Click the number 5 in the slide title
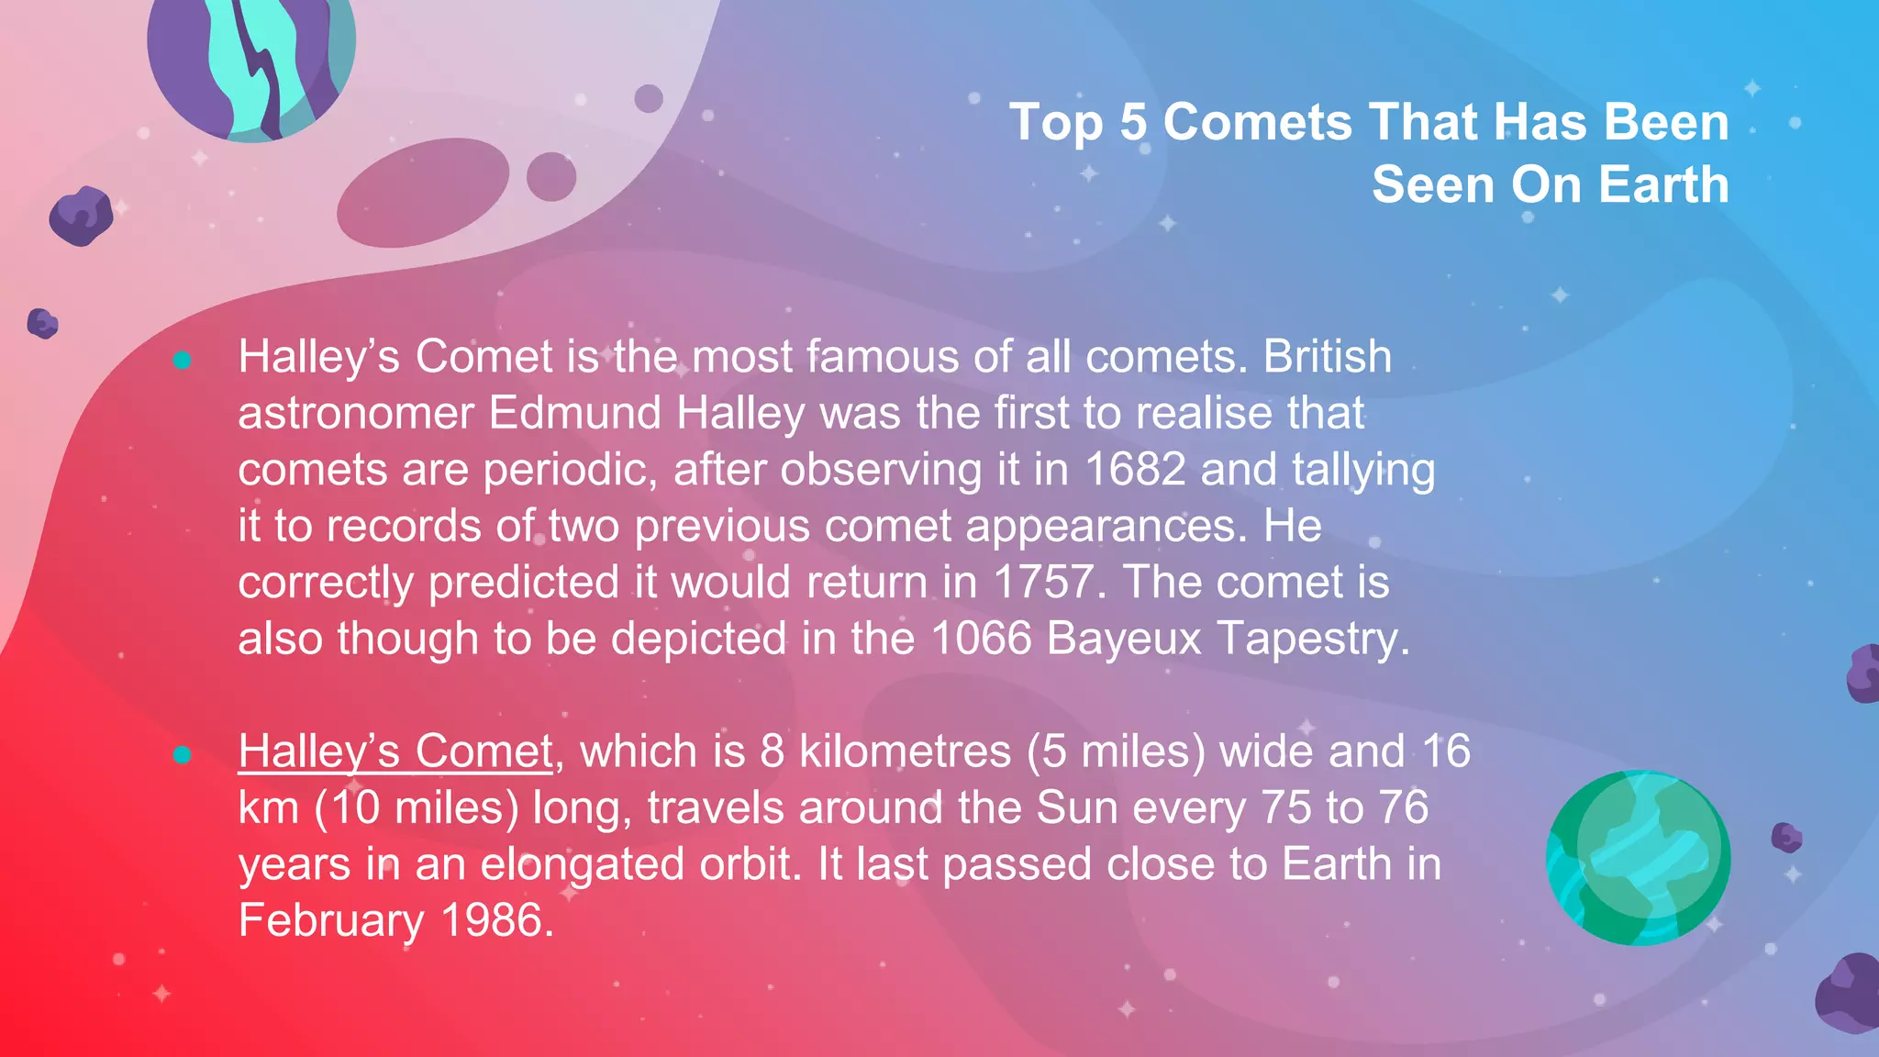tap(1133, 122)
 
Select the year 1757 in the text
tap(1043, 583)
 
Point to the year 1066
tap(981, 639)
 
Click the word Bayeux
tap(1123, 639)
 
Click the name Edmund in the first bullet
tap(574, 413)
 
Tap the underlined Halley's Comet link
tap(395, 751)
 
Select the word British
tap(1327, 357)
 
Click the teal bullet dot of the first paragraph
tap(182, 361)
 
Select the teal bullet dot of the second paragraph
tap(182, 755)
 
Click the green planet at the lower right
tap(1638, 858)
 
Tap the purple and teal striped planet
tap(250, 60)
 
